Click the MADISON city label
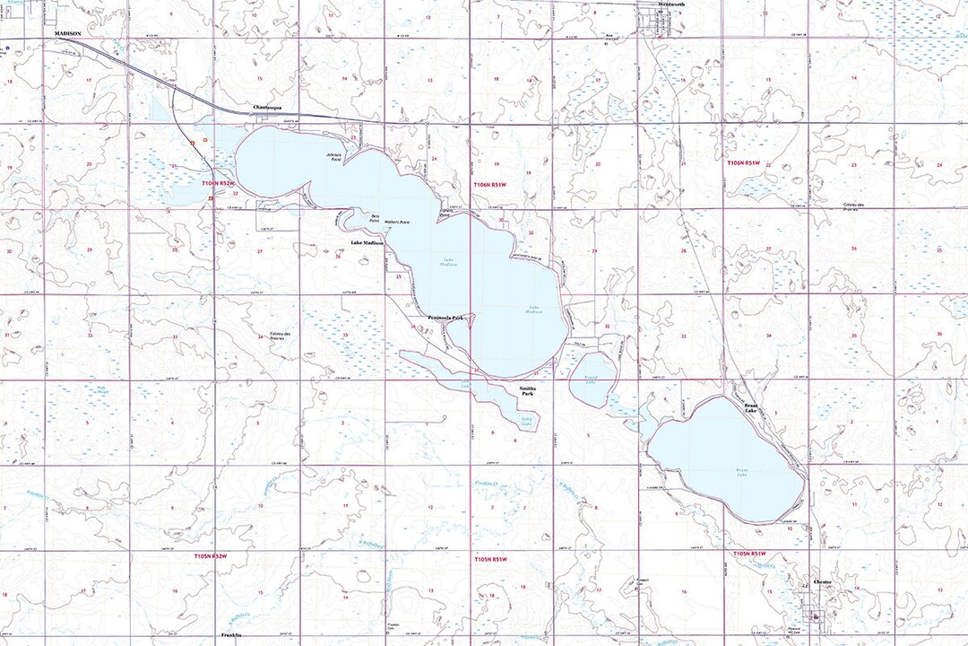pos(68,33)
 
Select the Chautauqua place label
pos(268,107)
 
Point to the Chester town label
pos(823,582)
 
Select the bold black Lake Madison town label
pos(367,243)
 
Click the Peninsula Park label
pos(445,318)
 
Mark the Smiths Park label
pos(527,392)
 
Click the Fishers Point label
pos(444,214)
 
